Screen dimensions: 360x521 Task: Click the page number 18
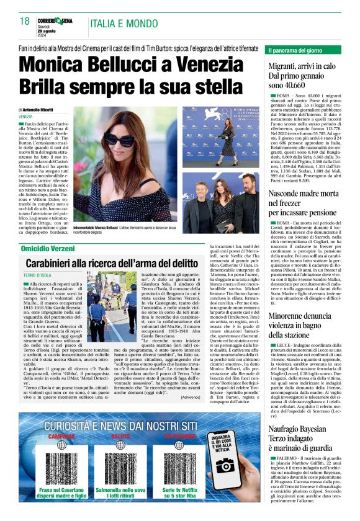25,22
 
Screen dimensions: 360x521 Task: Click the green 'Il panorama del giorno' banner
305,50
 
